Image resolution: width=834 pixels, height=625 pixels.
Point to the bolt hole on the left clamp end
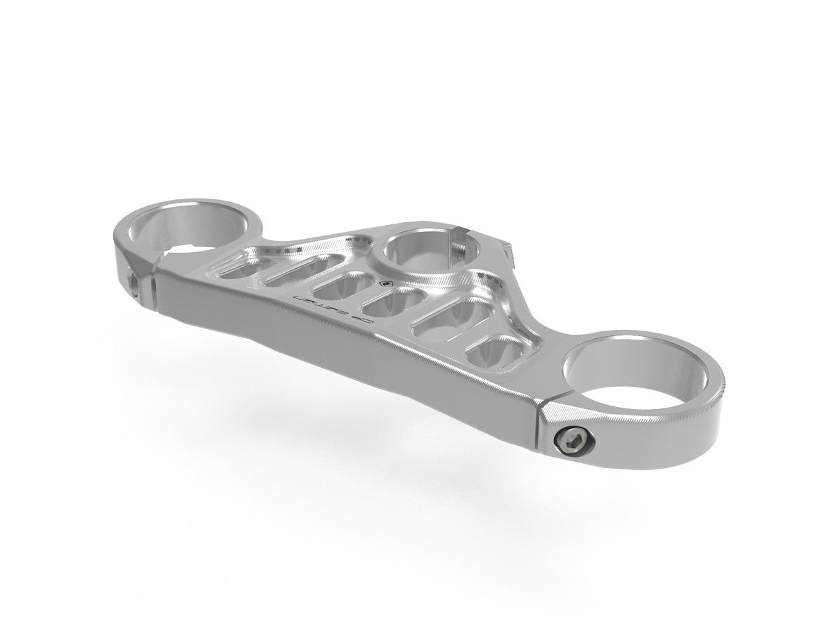tap(133, 280)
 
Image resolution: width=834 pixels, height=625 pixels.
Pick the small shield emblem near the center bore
tap(385, 283)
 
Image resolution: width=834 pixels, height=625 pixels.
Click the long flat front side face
tap(334, 347)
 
